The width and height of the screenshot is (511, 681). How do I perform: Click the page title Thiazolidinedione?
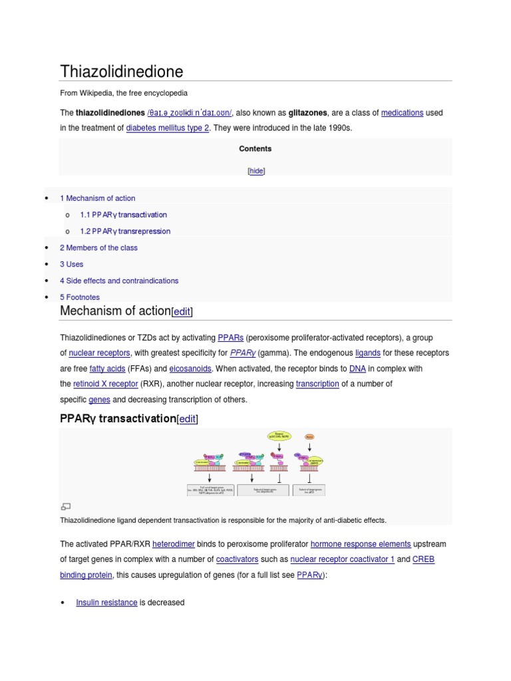121,71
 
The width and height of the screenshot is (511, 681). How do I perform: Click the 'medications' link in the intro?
402,113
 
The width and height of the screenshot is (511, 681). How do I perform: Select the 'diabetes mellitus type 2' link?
168,128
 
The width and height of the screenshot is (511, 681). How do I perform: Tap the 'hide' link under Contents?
256,171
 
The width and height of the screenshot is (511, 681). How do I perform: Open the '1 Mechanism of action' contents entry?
98,198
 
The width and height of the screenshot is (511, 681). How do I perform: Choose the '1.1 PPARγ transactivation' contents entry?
123,215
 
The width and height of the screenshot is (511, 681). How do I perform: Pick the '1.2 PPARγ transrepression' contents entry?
125,231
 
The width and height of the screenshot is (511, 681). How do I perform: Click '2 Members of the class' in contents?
98,247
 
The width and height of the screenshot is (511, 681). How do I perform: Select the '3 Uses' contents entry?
72,264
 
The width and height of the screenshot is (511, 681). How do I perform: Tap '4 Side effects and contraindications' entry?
119,281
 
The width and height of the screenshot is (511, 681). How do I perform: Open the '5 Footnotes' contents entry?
80,297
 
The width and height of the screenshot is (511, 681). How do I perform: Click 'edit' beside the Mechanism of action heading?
182,312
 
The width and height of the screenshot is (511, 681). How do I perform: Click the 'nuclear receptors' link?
99,353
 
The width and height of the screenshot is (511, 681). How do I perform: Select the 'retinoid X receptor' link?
106,384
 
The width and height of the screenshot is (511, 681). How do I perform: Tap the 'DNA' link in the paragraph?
357,368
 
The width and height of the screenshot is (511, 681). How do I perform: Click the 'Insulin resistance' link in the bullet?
106,603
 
